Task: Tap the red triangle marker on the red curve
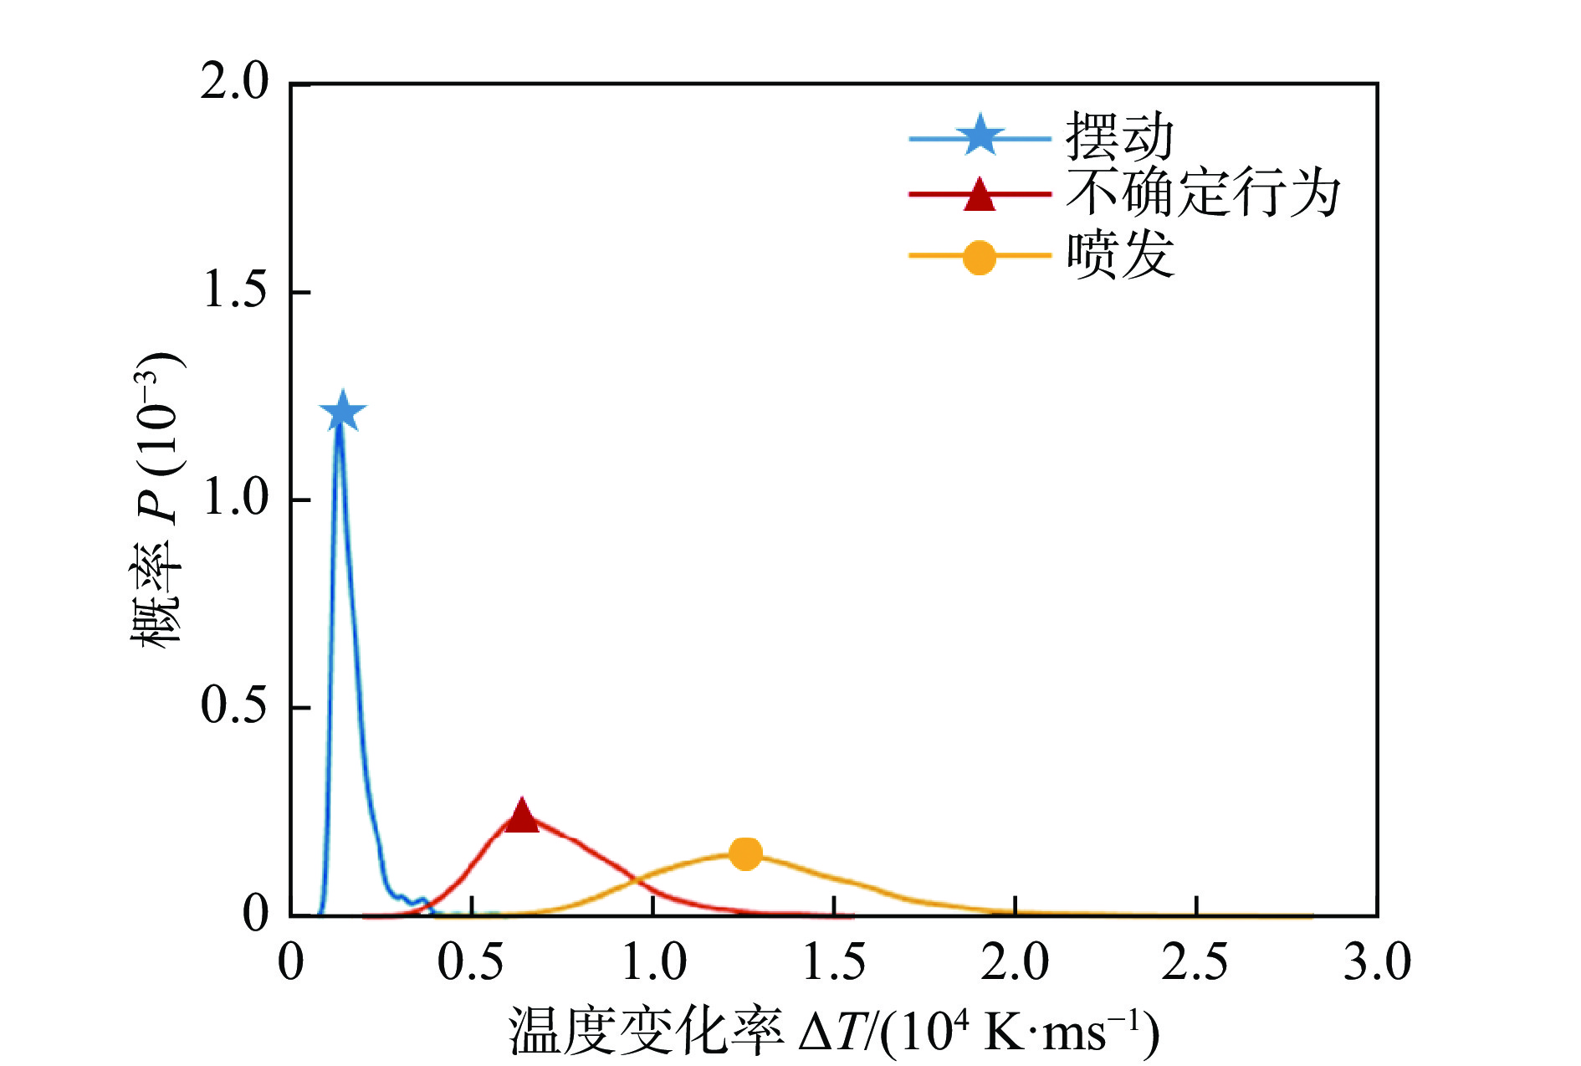pyautogui.click(x=522, y=817)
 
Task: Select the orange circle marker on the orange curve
pyautogui.click(x=744, y=853)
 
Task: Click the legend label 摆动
pyautogui.click(x=1119, y=136)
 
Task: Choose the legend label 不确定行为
pyautogui.click(x=1203, y=193)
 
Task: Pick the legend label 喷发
pyautogui.click(x=1119, y=254)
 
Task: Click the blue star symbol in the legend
pyautogui.click(x=980, y=136)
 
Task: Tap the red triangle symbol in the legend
pyautogui.click(x=980, y=195)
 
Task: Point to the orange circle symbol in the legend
pyautogui.click(x=980, y=257)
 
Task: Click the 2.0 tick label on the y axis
pyautogui.click(x=234, y=84)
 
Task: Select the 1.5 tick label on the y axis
pyautogui.click(x=234, y=291)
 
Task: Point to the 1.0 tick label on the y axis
pyautogui.click(x=234, y=499)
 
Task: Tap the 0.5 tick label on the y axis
pyautogui.click(x=234, y=706)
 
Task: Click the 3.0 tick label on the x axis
pyautogui.click(x=1377, y=962)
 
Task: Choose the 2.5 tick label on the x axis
pyautogui.click(x=1195, y=962)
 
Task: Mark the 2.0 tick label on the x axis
pyautogui.click(x=1015, y=962)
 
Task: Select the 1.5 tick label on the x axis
pyautogui.click(x=834, y=962)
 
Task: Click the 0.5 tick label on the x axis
pyautogui.click(x=472, y=962)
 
